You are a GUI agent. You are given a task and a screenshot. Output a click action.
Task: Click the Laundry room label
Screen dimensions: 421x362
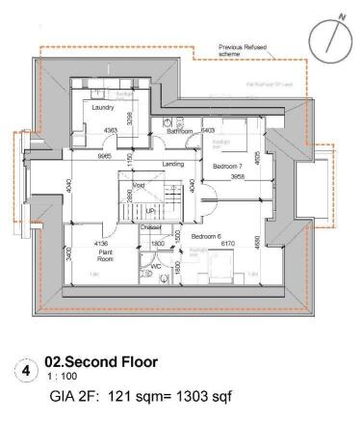(x=103, y=109)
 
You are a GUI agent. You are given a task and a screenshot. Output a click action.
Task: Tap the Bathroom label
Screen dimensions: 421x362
(x=182, y=132)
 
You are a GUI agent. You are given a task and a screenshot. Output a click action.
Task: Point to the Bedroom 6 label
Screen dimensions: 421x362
(x=208, y=236)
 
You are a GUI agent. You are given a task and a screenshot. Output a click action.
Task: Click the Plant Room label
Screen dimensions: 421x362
(x=105, y=255)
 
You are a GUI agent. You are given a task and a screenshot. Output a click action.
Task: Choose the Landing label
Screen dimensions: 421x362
(x=173, y=164)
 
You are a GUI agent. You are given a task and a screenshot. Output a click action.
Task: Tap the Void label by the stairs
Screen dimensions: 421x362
(x=139, y=184)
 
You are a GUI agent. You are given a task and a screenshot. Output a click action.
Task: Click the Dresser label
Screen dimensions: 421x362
(x=149, y=227)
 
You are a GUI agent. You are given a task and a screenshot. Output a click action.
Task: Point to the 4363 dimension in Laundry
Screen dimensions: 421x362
(x=112, y=129)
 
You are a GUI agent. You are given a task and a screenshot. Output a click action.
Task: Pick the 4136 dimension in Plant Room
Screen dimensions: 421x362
(x=102, y=243)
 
